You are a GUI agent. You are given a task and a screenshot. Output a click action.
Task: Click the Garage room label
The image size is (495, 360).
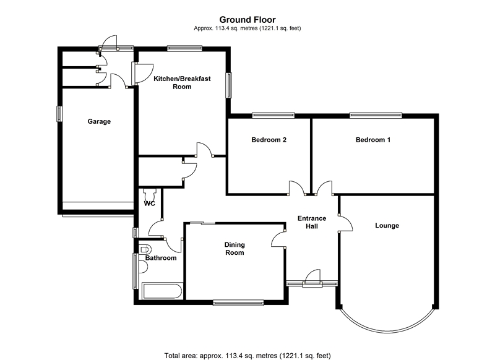(x=99, y=121)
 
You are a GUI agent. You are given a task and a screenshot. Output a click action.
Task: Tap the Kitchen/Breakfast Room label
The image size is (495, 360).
(x=182, y=83)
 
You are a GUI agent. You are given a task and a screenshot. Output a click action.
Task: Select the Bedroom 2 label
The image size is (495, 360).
(x=269, y=140)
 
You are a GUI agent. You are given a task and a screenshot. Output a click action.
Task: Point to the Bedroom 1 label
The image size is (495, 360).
(x=373, y=140)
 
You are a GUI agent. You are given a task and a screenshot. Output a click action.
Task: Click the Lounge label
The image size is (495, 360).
(x=387, y=226)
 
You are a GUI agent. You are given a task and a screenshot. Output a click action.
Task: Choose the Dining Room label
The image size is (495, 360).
(x=235, y=249)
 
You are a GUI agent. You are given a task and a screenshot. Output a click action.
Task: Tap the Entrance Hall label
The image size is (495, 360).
(x=312, y=223)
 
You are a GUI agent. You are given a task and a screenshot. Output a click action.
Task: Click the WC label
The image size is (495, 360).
(x=150, y=204)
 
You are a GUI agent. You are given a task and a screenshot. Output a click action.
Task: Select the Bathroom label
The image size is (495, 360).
(x=161, y=258)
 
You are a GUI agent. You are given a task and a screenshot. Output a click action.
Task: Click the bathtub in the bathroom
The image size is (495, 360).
(x=162, y=291)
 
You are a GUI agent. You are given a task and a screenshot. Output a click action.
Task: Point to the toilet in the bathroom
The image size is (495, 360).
(x=145, y=249)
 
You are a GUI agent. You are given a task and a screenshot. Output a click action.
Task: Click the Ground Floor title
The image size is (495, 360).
(x=247, y=20)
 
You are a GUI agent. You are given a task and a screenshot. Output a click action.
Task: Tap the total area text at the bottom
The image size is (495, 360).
(x=247, y=356)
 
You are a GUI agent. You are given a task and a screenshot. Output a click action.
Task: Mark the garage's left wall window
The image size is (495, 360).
(x=59, y=114)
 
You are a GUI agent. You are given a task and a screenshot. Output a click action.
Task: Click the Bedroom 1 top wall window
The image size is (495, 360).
(x=376, y=116)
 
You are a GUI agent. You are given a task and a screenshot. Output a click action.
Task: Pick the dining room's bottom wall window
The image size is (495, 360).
(x=238, y=303)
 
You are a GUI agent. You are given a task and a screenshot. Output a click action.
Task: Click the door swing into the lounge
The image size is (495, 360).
(x=346, y=223)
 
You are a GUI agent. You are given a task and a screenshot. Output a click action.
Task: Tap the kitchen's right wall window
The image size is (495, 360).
(x=228, y=85)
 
